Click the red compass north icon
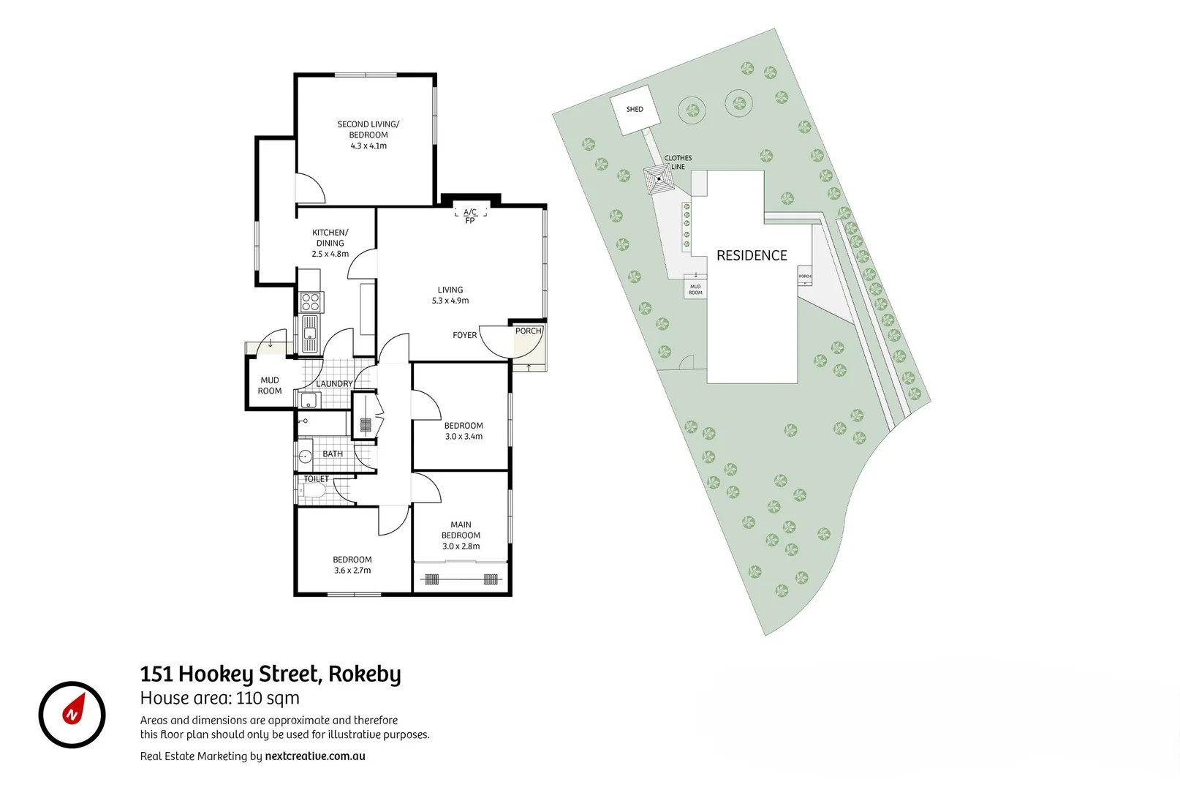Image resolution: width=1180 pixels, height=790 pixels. [72, 714]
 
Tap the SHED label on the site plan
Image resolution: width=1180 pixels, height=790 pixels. [635, 110]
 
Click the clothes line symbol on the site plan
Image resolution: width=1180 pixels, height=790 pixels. [659, 178]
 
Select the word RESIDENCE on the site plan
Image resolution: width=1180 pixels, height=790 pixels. [752, 255]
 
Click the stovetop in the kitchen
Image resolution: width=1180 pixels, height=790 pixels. [311, 302]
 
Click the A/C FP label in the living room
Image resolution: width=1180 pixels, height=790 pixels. [470, 216]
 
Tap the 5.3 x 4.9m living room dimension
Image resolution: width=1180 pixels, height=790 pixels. [450, 301]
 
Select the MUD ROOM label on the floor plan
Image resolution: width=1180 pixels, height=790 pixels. [270, 385]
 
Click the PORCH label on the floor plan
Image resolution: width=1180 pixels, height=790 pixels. [528, 331]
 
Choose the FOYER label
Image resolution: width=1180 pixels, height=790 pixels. [464, 335]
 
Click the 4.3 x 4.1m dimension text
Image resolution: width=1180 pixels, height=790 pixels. [368, 146]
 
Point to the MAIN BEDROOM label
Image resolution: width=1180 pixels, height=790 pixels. [461, 530]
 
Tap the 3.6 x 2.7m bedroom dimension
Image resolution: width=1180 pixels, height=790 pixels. [352, 571]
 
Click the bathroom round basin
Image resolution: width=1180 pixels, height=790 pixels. [306, 457]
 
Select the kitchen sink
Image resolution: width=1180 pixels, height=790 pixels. [310, 334]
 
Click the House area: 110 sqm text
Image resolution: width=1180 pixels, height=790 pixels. [219, 698]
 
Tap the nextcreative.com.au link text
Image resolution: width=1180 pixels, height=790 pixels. [314, 756]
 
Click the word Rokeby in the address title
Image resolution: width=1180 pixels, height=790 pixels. [364, 674]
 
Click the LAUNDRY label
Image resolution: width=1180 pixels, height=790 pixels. [334, 384]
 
